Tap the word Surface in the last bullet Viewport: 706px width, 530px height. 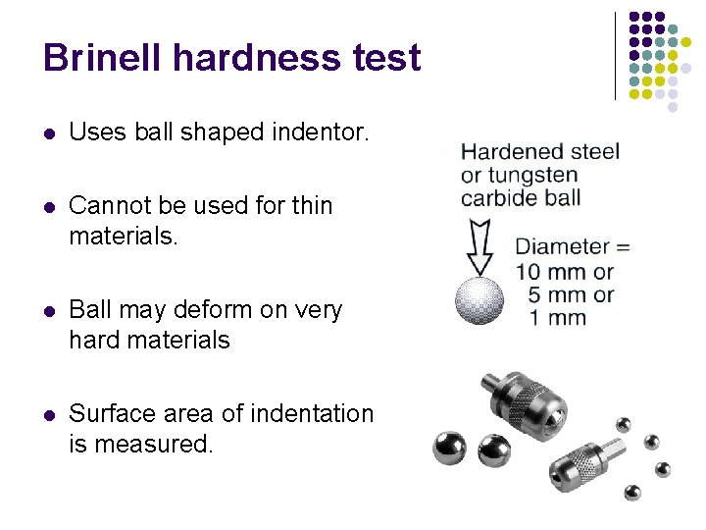coord(113,414)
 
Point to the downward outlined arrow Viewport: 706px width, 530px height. coord(480,248)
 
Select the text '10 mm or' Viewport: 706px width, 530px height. coord(565,271)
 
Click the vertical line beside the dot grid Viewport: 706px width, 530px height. coord(616,56)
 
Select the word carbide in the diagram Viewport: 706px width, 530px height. coord(498,197)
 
